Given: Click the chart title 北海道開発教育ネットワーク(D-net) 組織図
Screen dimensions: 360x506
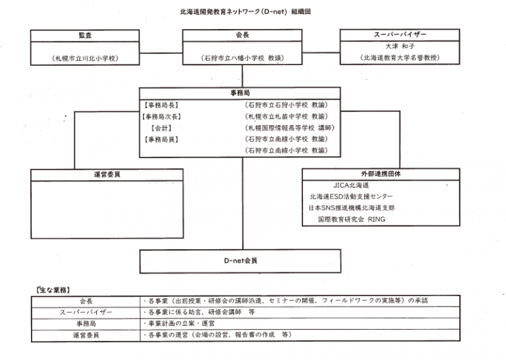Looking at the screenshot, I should [x=253, y=12].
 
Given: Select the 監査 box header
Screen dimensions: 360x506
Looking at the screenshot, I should [x=85, y=35].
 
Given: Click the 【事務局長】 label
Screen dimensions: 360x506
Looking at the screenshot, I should [x=161, y=105].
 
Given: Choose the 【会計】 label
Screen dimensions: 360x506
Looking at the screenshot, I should [x=161, y=128].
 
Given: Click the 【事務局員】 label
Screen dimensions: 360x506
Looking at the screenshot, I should [x=161, y=140].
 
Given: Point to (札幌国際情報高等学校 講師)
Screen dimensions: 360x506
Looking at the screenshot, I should [x=289, y=128].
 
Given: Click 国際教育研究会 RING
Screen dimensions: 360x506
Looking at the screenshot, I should [x=352, y=220].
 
